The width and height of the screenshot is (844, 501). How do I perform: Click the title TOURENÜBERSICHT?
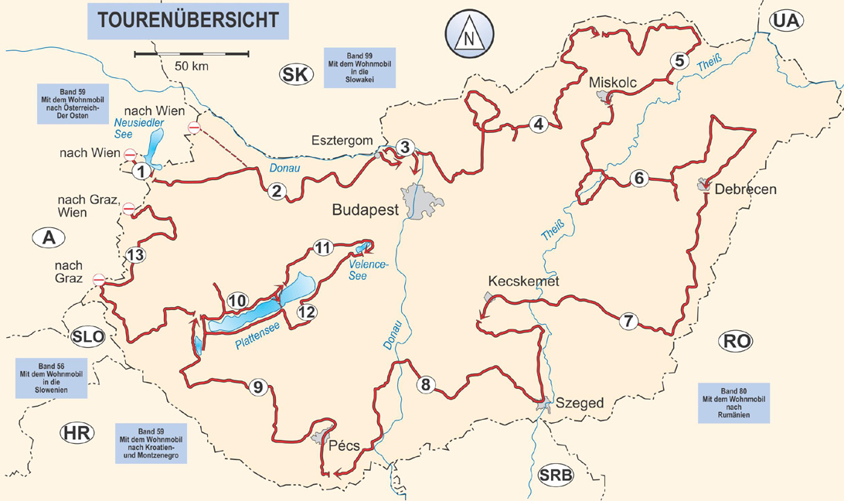[x=188, y=19]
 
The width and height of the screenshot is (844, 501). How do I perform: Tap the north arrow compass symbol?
[x=468, y=36]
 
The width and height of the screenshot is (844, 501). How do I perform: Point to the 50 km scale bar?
[x=192, y=54]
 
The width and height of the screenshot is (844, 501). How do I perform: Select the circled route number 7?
[x=628, y=321]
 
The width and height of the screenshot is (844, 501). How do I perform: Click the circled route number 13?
[x=135, y=255]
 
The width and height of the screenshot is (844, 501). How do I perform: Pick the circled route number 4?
[x=538, y=123]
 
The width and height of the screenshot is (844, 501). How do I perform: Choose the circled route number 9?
[x=258, y=387]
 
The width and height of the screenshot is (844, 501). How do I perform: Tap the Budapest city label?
[x=365, y=210]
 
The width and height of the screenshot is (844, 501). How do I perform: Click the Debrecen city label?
[x=746, y=189]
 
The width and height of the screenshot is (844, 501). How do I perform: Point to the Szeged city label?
[x=579, y=403]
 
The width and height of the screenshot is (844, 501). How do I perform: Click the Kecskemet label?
[x=523, y=281]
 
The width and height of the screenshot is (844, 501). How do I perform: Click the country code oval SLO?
[x=87, y=336]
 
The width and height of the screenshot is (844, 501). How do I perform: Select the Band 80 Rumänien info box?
[x=733, y=402]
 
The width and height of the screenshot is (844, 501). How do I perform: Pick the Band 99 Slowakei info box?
[x=359, y=66]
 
